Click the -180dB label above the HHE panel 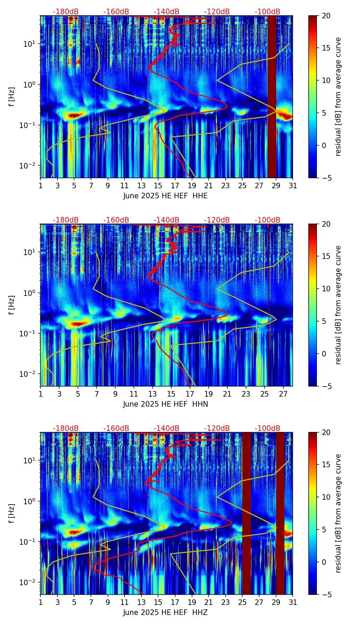(x=66, y=12)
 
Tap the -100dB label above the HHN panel (x=267, y=220)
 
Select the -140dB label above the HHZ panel (x=166, y=428)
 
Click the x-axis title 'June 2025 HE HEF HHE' (x=165, y=196)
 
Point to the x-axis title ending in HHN (x=165, y=404)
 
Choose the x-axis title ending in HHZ (x=165, y=613)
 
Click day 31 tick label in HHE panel (x=293, y=186)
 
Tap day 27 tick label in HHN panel (x=283, y=394)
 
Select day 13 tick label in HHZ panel (x=141, y=603)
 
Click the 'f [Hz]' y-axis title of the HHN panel (x=11, y=305)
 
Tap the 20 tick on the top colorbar (x=327, y=16)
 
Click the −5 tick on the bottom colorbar (x=326, y=595)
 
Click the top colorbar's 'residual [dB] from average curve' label (x=338, y=97)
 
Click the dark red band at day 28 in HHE (x=272, y=97)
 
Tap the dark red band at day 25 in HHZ (x=246, y=512)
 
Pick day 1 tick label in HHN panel (x=40, y=394)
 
